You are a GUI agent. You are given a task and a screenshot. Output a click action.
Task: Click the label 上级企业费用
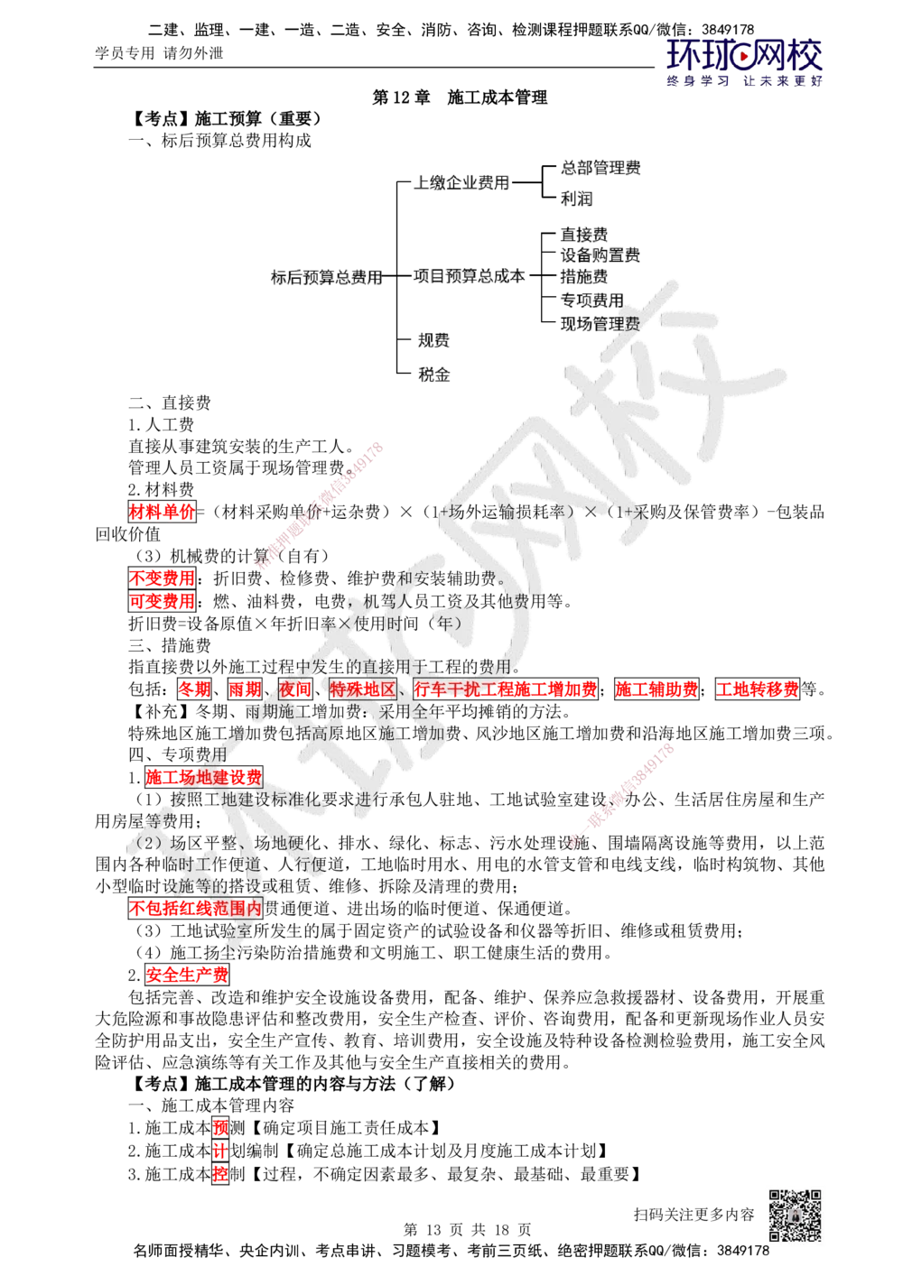(x=461, y=183)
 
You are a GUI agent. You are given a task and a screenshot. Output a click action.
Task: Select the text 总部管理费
(x=600, y=168)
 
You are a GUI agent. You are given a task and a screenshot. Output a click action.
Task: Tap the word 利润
(x=575, y=198)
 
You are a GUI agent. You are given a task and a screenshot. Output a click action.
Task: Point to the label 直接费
(x=584, y=235)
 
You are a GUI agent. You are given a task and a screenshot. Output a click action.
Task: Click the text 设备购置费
(x=600, y=255)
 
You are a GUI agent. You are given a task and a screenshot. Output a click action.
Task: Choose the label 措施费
(x=584, y=276)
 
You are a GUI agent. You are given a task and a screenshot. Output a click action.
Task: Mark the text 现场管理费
(x=600, y=322)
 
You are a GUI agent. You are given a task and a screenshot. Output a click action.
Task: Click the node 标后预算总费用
(x=325, y=277)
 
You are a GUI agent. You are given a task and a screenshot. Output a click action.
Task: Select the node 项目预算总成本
(x=469, y=277)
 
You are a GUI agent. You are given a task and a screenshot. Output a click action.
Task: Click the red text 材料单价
(x=162, y=513)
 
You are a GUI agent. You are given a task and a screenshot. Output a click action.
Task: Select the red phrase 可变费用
(x=162, y=601)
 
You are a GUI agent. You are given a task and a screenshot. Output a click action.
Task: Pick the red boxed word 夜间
(x=294, y=690)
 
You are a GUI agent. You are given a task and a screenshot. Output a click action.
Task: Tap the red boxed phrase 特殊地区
(x=362, y=690)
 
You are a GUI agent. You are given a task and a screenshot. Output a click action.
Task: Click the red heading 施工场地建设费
(x=203, y=776)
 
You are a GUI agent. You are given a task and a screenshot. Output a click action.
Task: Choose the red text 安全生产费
(x=187, y=975)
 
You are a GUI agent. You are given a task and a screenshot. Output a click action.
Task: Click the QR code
(x=795, y=1216)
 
